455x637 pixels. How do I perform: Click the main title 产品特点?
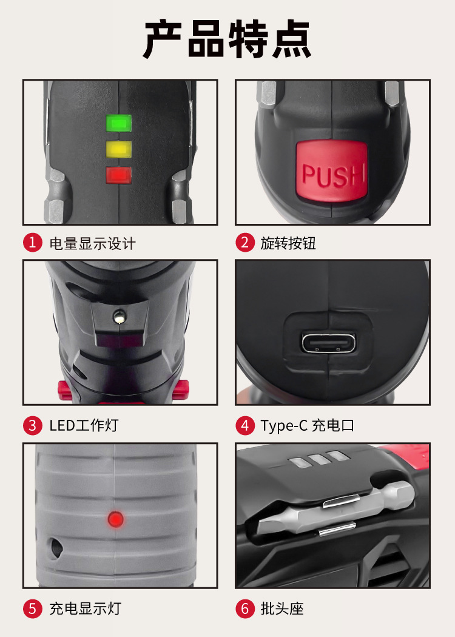(x=227, y=39)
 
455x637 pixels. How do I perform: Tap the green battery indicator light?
(x=119, y=123)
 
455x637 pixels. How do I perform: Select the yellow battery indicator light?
(x=119, y=149)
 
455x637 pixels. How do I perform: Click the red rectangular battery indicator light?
(x=119, y=175)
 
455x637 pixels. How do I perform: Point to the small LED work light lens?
(x=119, y=316)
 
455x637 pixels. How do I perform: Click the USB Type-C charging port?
(x=328, y=343)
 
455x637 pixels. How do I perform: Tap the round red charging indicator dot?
(x=115, y=519)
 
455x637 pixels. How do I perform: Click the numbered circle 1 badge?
(x=33, y=243)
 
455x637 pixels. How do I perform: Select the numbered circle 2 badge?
(x=245, y=243)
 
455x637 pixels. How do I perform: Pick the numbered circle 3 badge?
(x=33, y=425)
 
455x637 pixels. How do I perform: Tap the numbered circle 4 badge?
(x=245, y=425)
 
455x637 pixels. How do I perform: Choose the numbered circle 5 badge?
(x=33, y=608)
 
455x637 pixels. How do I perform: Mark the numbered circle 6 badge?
(x=245, y=608)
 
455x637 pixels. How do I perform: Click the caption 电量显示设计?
(x=93, y=243)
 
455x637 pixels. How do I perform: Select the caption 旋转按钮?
(x=288, y=243)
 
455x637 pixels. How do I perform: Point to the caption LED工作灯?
(x=84, y=425)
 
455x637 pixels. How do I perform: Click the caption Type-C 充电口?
(x=308, y=425)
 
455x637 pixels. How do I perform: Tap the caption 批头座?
(x=282, y=608)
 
